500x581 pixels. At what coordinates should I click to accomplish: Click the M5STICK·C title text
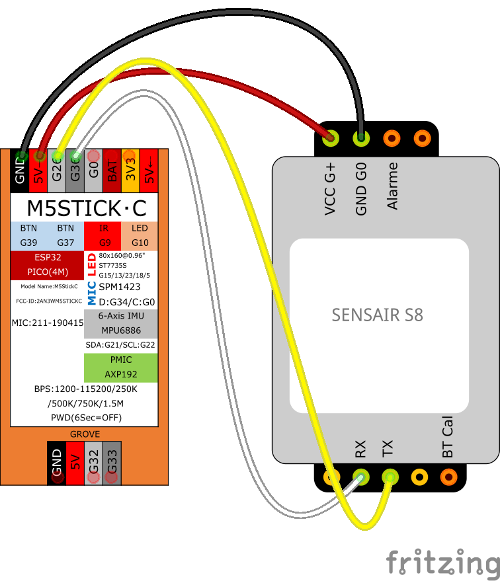click(85, 208)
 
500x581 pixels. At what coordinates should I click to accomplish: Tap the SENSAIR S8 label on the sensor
click(378, 315)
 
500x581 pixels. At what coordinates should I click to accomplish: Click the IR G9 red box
click(103, 235)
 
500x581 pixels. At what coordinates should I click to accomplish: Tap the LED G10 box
click(140, 235)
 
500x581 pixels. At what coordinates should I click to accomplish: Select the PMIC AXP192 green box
click(120, 367)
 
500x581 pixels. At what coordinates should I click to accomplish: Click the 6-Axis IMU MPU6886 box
click(120, 323)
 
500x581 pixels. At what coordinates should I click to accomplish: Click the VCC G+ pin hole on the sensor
click(330, 138)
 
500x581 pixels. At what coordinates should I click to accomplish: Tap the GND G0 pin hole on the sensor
click(361, 138)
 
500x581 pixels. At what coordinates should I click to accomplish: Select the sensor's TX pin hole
click(390, 476)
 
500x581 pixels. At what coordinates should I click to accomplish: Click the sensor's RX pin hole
click(360, 476)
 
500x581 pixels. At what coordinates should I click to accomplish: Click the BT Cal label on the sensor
click(448, 437)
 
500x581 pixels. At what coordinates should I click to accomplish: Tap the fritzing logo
click(442, 563)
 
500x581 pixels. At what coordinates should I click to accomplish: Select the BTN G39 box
click(28, 235)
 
